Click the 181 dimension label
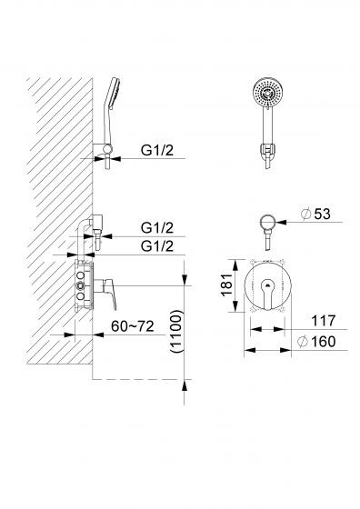227,285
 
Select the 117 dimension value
323,321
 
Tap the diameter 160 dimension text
316,342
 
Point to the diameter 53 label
315,214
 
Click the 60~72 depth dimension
132,326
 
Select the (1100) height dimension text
177,331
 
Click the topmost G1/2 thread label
157,150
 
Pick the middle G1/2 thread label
157,228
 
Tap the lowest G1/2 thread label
157,246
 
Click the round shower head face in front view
266,93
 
